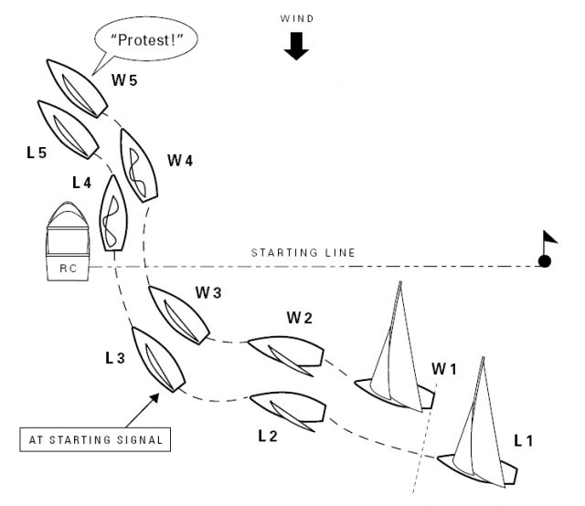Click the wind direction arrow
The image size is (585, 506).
295,47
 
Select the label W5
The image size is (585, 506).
125,80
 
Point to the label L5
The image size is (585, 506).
37,152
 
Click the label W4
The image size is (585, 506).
180,161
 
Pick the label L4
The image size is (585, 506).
82,183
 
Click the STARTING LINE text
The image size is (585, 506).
303,252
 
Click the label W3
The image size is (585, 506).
208,293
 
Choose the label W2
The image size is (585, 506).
300,318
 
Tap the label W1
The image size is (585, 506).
443,370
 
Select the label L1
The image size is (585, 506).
524,440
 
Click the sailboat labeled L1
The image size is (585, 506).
477,438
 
